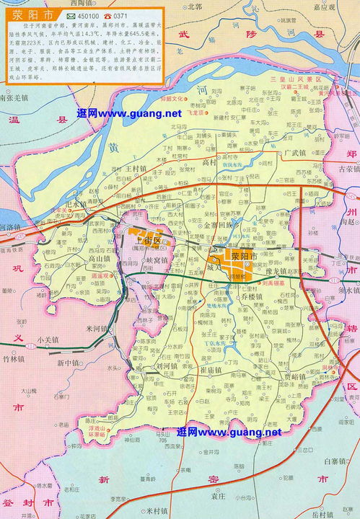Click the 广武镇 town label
[296, 153]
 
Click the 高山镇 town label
[99, 258]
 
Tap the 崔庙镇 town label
[214, 369]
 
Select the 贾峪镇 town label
[295, 376]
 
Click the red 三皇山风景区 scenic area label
[284, 77]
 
